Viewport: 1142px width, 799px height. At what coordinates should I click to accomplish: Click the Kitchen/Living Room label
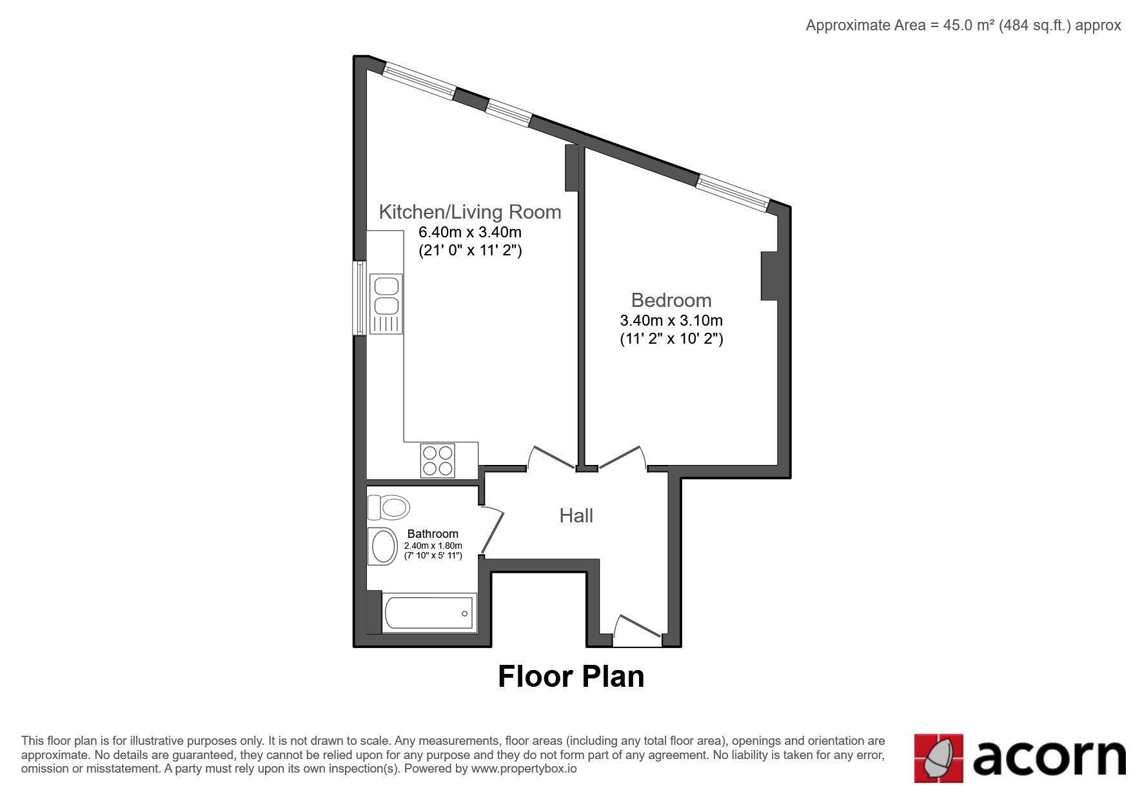[x=469, y=212]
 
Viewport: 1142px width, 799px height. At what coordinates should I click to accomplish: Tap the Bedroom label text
[x=671, y=300]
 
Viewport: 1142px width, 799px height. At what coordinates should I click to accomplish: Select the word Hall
[x=576, y=515]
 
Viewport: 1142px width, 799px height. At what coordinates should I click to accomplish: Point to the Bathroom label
[x=433, y=534]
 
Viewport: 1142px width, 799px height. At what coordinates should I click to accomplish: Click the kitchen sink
[x=386, y=304]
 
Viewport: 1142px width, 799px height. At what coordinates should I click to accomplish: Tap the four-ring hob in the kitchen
[x=437, y=460]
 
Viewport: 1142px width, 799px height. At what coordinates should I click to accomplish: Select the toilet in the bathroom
[x=388, y=507]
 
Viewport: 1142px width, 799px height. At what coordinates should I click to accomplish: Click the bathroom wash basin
[x=383, y=547]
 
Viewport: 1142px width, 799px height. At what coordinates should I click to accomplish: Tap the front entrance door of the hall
[x=637, y=631]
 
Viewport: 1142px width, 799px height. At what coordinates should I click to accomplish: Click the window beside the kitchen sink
[x=359, y=298]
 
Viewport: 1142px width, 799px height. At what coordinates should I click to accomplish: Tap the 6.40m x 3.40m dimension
[x=470, y=232]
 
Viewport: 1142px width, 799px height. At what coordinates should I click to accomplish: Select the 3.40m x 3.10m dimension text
[x=671, y=320]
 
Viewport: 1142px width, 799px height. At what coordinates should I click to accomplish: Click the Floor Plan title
[x=571, y=676]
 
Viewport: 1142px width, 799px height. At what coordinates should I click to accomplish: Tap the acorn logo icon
[x=939, y=758]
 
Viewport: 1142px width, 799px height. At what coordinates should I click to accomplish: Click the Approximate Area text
[x=963, y=25]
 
